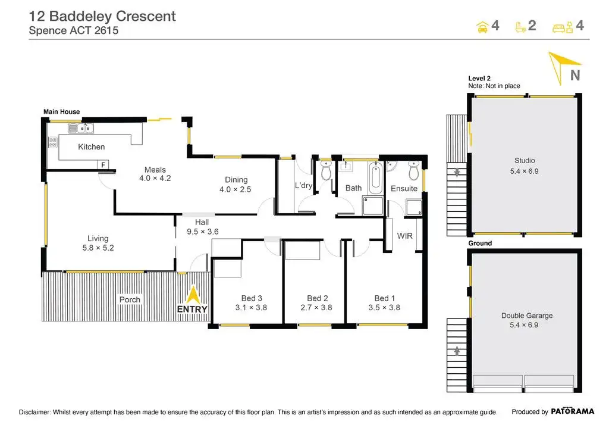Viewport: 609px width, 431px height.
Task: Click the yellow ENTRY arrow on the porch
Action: pyautogui.click(x=193, y=295)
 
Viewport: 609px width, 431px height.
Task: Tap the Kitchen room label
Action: pyautogui.click(x=91, y=146)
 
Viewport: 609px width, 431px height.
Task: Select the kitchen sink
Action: pyautogui.click(x=81, y=127)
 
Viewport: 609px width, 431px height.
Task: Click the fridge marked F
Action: pyautogui.click(x=103, y=164)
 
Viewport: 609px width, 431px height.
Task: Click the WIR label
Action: pyautogui.click(x=405, y=236)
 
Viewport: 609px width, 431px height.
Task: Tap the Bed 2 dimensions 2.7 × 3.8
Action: pyautogui.click(x=316, y=308)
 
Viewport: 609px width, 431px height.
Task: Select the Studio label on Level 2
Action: pyautogui.click(x=525, y=160)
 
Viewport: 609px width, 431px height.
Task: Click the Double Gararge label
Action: pyautogui.click(x=527, y=316)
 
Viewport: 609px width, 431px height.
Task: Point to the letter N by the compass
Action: pyautogui.click(x=575, y=76)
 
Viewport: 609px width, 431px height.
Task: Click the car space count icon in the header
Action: pyautogui.click(x=482, y=26)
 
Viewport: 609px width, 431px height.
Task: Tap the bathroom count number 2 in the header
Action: pyautogui.click(x=532, y=26)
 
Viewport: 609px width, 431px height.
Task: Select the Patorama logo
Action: pyautogui.click(x=573, y=411)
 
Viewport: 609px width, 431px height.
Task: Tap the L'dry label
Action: pyautogui.click(x=303, y=186)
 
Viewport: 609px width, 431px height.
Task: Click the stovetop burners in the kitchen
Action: pyautogui.click(x=52, y=142)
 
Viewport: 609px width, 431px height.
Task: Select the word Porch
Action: pyautogui.click(x=130, y=299)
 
